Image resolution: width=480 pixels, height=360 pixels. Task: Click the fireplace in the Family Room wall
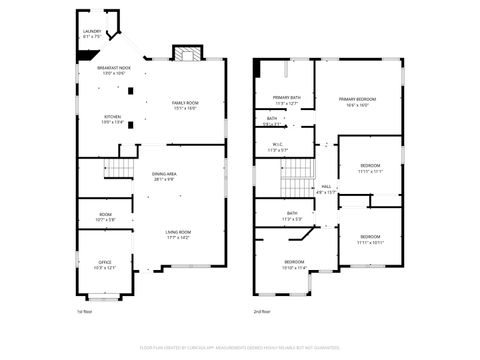185,53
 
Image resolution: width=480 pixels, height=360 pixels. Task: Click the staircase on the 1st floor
120,167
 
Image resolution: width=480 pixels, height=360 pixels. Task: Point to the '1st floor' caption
84,311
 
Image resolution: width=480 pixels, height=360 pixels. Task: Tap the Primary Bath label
288,99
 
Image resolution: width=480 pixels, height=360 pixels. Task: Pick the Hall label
326,188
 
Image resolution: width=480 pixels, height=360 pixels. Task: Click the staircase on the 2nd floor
296,185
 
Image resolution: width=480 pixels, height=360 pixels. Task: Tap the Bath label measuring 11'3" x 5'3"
292,215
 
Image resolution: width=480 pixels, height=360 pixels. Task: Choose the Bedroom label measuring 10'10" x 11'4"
294,264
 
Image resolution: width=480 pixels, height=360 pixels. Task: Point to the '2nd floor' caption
262,311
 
